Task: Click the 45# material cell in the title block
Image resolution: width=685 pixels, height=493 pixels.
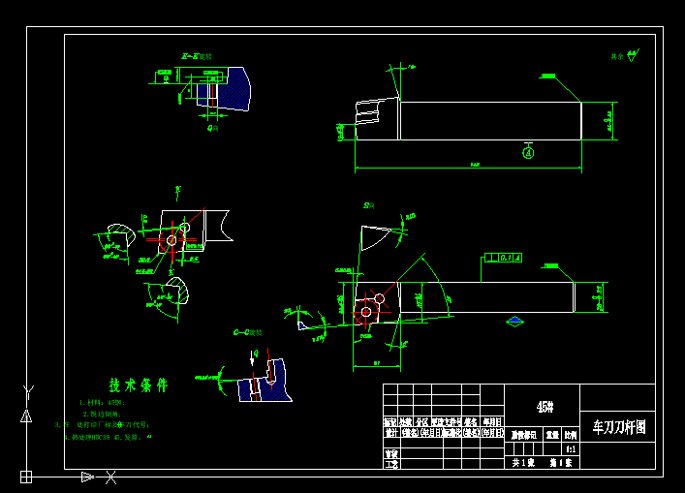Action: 543,407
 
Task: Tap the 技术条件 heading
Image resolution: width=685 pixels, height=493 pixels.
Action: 138,385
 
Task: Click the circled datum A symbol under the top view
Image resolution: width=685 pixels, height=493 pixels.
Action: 528,152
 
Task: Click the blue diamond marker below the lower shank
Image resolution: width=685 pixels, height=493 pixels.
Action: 514,321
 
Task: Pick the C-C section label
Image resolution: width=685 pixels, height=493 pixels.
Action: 248,332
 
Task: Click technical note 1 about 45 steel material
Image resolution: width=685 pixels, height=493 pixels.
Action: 103,402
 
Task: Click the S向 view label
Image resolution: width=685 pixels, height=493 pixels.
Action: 369,205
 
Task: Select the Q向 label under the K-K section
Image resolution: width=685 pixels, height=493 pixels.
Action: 212,127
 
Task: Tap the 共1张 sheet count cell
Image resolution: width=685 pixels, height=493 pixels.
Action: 523,463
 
